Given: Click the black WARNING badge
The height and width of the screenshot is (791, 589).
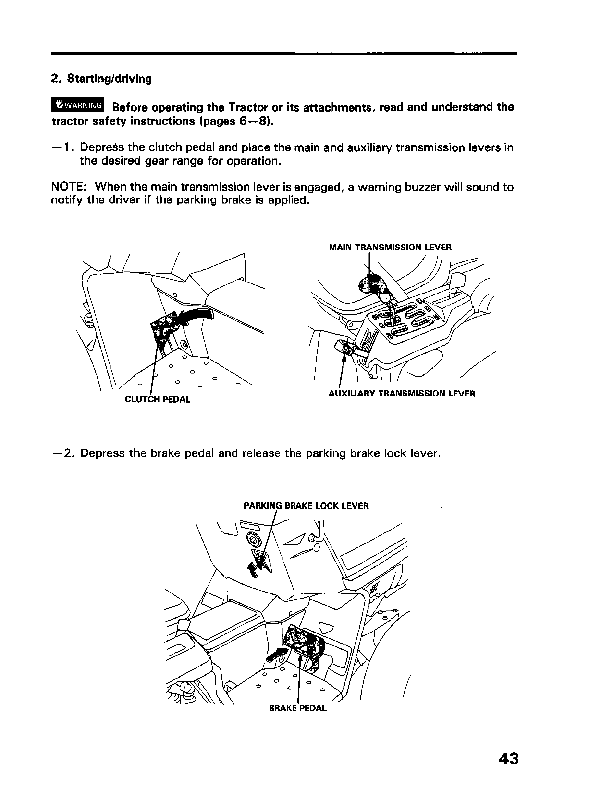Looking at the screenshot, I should tap(78, 105).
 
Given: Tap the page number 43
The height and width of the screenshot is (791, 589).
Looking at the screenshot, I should tap(508, 759).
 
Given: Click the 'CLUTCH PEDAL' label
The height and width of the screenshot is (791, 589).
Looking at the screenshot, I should tap(157, 399).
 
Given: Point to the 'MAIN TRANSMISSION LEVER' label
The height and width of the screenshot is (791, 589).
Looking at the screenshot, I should tap(390, 247).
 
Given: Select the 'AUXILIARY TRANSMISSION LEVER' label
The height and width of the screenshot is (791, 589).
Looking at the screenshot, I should tap(402, 394).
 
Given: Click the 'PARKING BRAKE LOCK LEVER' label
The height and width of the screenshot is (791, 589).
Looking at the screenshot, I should tap(306, 506).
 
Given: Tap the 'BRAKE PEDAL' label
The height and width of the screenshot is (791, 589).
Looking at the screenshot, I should tap(298, 708).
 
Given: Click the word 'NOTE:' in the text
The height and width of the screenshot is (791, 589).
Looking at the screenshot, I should tap(70, 187).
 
